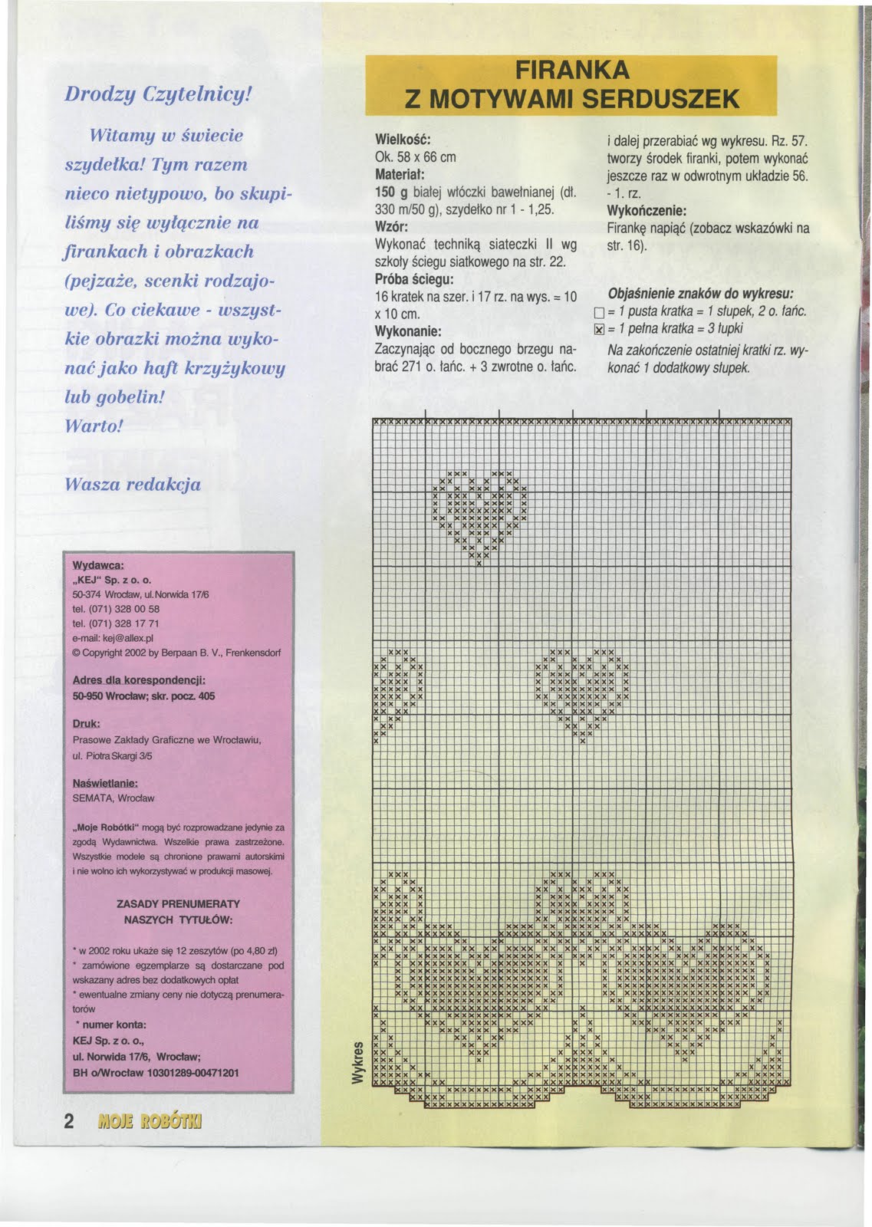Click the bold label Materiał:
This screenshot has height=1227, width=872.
click(399, 175)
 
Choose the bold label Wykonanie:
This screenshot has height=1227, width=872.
click(406, 332)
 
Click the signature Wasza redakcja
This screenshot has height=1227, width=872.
click(133, 485)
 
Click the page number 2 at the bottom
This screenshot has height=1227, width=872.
click(68, 1121)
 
